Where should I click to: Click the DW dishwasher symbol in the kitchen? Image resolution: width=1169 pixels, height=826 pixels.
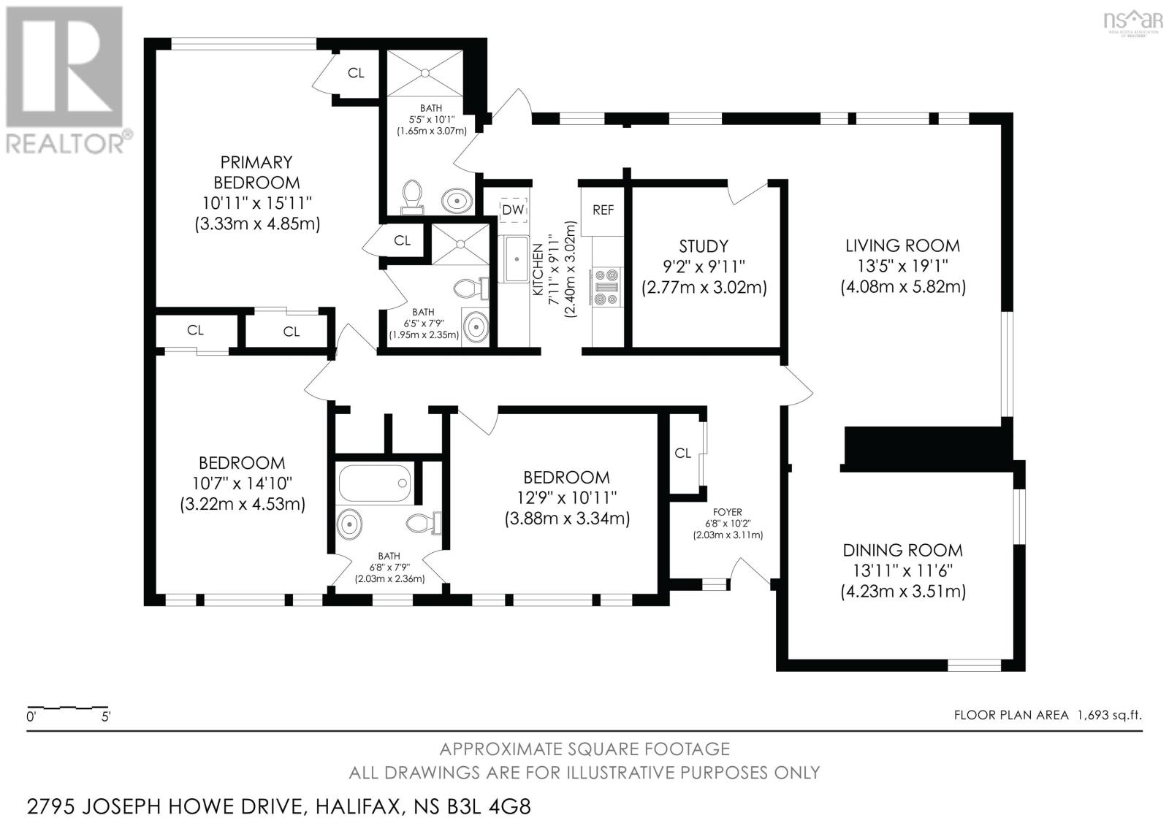513,210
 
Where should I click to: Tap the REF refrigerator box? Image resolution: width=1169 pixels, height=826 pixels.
603,210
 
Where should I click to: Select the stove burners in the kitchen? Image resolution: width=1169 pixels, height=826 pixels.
607,287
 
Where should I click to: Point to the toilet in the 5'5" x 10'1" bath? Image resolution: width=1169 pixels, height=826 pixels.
411,196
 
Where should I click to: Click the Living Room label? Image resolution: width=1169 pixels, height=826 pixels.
902,246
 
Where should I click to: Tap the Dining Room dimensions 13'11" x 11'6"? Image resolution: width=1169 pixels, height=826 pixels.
902,570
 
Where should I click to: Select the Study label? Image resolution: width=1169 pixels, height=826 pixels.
704,246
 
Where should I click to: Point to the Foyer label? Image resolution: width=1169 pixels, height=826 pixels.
727,513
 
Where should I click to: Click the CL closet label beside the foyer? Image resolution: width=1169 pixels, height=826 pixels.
682,454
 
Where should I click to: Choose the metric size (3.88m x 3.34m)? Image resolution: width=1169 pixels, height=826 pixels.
567,519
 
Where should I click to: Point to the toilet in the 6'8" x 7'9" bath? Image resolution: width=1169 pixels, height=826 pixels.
424,523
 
